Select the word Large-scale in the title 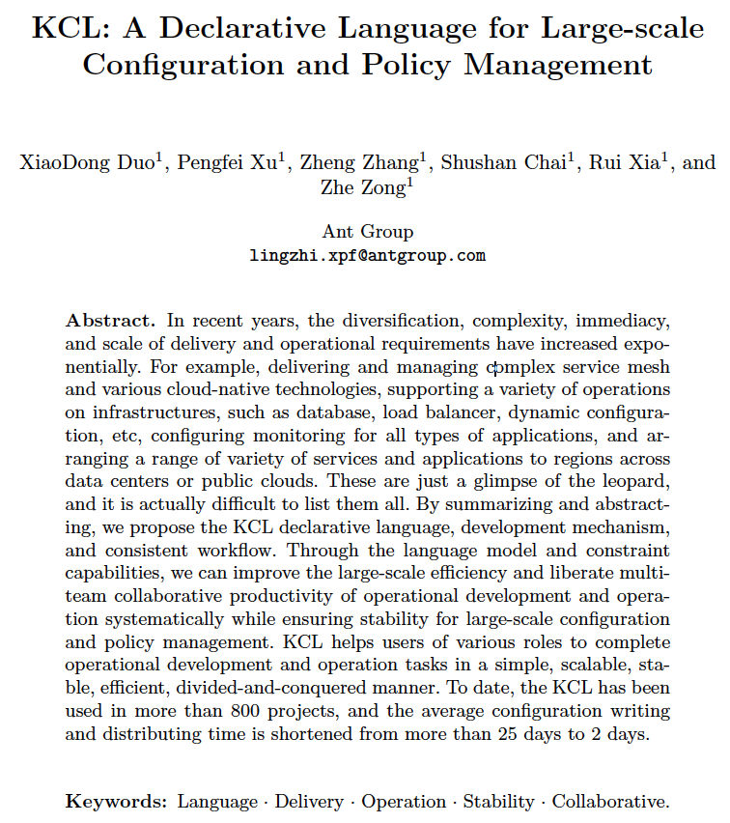[x=616, y=28]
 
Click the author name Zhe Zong [x=365, y=187]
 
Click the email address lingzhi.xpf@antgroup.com [x=367, y=256]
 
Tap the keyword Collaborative [x=609, y=801]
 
